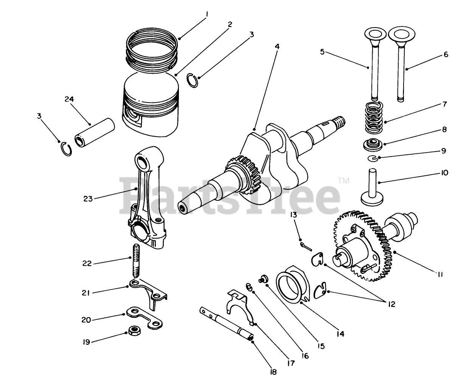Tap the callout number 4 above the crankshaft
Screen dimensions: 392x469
tap(277, 46)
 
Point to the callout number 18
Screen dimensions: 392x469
tap(273, 372)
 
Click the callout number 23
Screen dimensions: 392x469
tap(88, 198)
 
